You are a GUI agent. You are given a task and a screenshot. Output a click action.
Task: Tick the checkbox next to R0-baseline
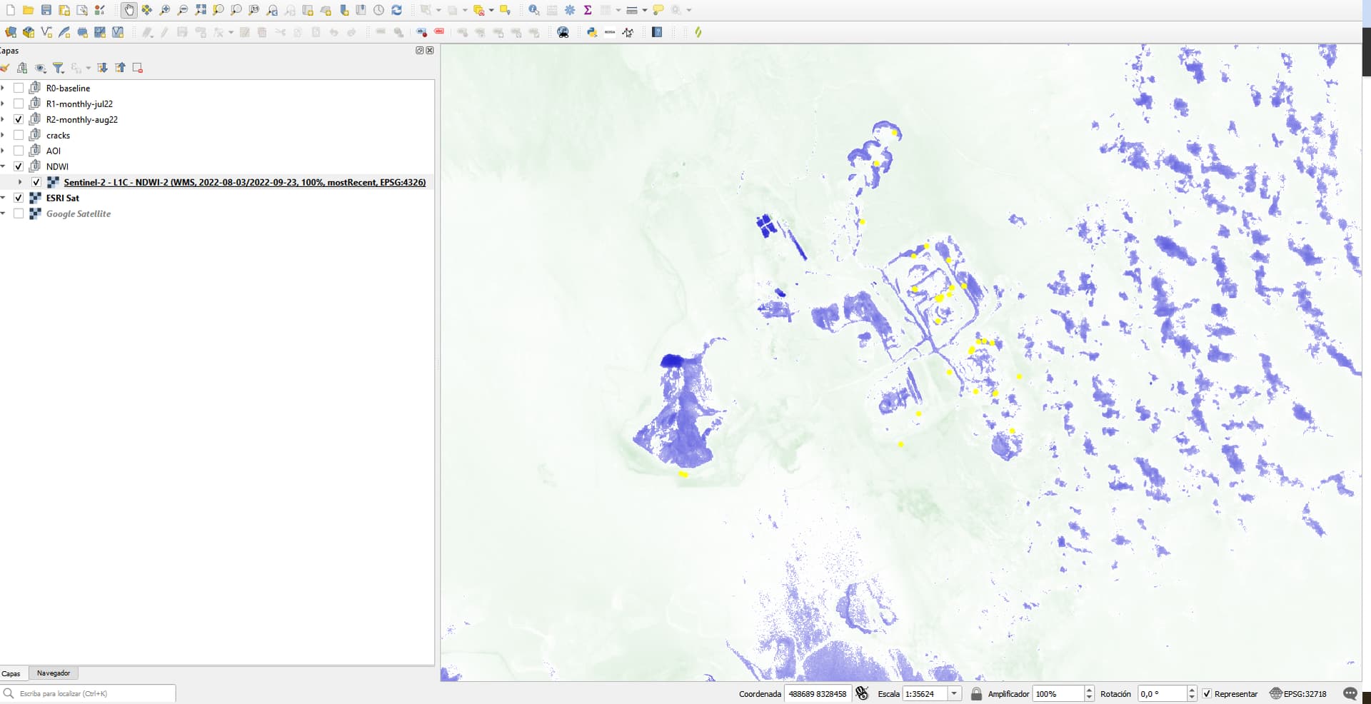(19, 88)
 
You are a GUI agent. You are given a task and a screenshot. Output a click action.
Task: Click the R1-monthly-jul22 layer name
(79, 104)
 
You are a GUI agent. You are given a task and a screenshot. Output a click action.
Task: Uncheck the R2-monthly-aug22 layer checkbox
(19, 119)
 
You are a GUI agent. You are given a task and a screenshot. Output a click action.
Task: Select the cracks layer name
(58, 135)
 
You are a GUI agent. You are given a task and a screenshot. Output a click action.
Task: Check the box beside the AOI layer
(19, 151)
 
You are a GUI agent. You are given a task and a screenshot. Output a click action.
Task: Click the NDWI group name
(57, 166)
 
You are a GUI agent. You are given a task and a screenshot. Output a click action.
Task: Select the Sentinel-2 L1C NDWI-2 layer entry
(244, 182)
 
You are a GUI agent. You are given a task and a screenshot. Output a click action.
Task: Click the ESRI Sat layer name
(63, 198)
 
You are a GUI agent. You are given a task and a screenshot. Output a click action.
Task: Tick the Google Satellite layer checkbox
(19, 213)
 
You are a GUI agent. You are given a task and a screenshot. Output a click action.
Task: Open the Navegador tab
(54, 673)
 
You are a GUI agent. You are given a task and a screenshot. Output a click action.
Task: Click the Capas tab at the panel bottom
(11, 673)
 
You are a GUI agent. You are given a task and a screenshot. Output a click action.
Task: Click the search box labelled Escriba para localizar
(93, 693)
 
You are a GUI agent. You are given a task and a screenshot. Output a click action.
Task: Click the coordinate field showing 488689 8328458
(817, 693)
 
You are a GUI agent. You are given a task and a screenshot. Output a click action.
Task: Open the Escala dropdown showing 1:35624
(954, 693)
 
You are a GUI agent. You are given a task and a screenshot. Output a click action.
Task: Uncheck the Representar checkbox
(1207, 693)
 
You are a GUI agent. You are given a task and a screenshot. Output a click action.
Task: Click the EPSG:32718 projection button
(1298, 693)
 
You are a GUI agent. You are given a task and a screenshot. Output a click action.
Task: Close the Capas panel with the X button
(430, 50)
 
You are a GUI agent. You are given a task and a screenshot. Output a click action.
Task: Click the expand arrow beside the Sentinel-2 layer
(20, 182)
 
